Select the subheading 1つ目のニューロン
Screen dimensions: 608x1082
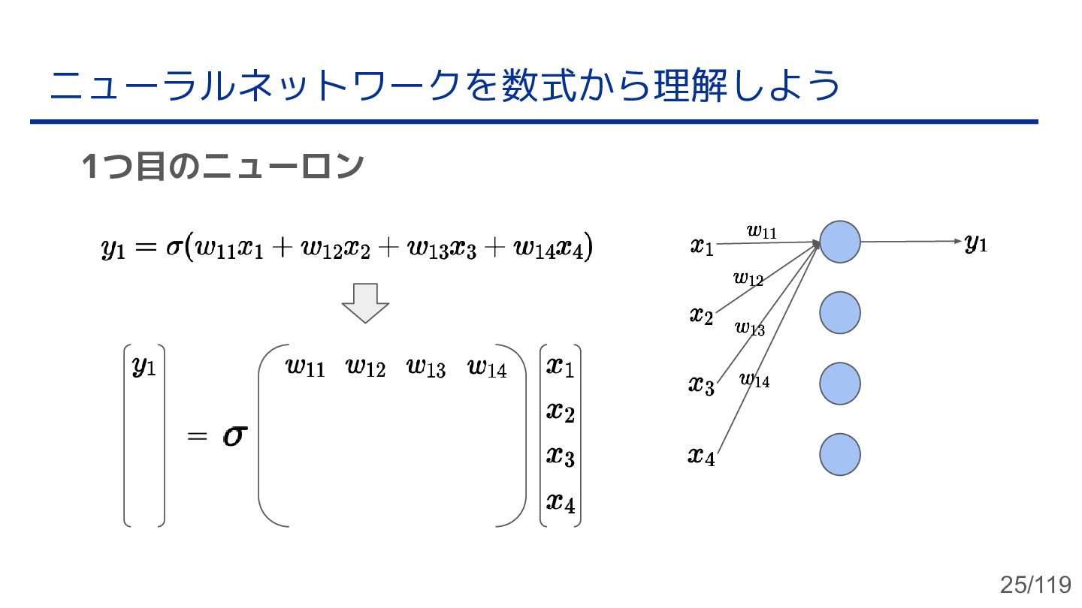coord(222,167)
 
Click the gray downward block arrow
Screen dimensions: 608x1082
coord(365,302)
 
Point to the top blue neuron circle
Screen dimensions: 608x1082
coord(839,242)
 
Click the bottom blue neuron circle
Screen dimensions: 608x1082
coord(839,454)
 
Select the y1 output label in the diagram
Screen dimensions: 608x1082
coord(975,243)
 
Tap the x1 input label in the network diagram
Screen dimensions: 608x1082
coord(702,246)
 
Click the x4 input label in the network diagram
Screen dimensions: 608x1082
coord(701,456)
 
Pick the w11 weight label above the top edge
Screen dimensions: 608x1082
coord(762,231)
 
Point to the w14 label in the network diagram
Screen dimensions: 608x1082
coord(754,380)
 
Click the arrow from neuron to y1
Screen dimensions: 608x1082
coord(910,242)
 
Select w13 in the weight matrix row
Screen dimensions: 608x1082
coord(426,368)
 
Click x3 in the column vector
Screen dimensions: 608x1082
coord(560,455)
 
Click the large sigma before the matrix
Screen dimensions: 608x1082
coord(234,437)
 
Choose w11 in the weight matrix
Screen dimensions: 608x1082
coord(305,368)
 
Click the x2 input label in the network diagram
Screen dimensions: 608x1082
coord(701,315)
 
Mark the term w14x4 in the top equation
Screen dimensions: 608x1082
coord(551,248)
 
